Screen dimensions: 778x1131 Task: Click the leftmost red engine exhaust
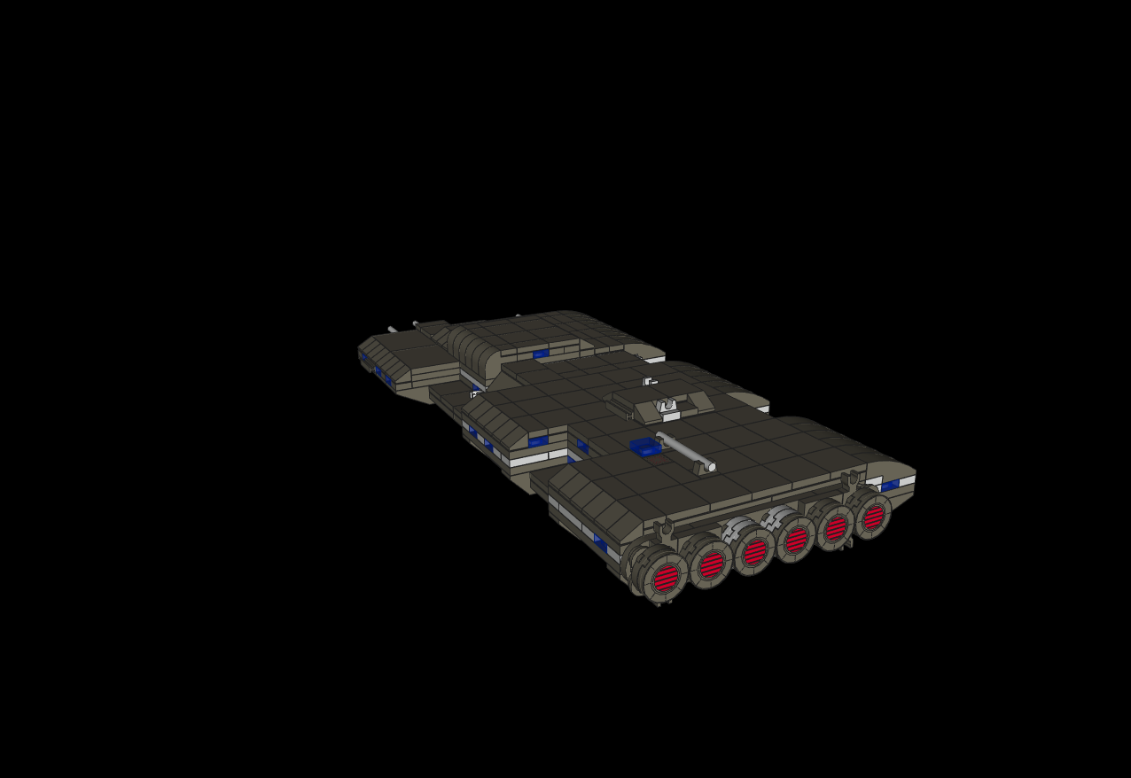(x=666, y=579)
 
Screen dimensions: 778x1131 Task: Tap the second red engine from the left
(x=712, y=564)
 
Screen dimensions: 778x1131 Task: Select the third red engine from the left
(x=754, y=552)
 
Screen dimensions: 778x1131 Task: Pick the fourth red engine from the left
(x=796, y=540)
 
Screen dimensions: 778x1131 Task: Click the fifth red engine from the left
(x=836, y=528)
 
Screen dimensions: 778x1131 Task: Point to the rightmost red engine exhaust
(x=873, y=517)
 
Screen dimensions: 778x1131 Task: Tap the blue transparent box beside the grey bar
(x=645, y=447)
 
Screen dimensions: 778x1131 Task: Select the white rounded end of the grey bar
(x=711, y=467)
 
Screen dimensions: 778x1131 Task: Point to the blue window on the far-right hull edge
(x=890, y=486)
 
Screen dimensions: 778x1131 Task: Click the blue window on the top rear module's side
(x=541, y=354)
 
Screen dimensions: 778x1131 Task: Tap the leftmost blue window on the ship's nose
(x=364, y=357)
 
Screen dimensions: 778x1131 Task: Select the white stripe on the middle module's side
(x=530, y=460)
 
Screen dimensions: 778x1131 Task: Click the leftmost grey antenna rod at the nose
(x=392, y=330)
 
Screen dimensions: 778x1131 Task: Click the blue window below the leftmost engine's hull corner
(x=600, y=542)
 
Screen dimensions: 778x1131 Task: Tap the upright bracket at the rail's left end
(x=666, y=528)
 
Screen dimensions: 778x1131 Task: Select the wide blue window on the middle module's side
(x=538, y=440)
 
